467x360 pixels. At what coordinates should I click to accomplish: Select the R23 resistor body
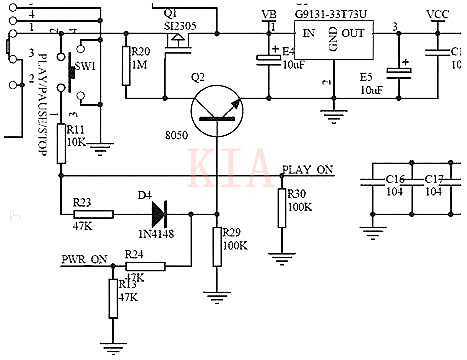click(x=96, y=213)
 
